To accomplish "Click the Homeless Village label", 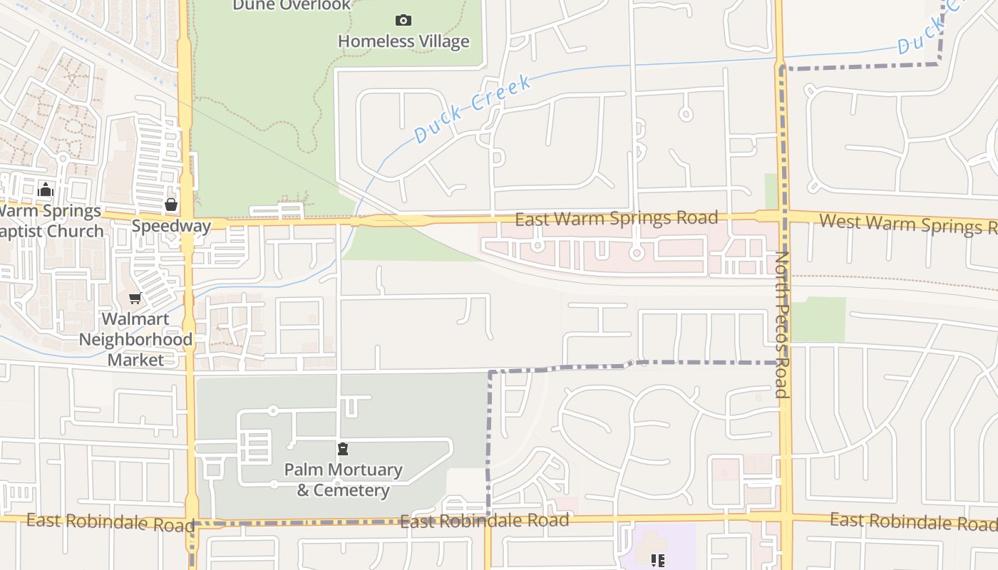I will coord(403,41).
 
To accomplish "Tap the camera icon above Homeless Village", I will coord(403,20).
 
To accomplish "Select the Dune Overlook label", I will coord(292,6).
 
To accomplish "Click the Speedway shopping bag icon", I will coord(171,205).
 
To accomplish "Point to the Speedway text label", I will coord(171,227).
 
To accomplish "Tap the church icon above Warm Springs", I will coord(46,190).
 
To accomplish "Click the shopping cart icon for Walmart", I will coord(135,298).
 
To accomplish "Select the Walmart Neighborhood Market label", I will coord(135,339).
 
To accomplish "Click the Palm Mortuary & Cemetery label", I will coord(343,480).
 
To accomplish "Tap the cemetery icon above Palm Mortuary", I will coord(343,449).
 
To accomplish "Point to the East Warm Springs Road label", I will coord(616,218).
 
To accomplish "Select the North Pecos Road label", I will coord(782,324).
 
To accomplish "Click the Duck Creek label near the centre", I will coord(472,108).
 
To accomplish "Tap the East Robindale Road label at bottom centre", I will coord(485,521).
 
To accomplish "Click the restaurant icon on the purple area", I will coord(657,560).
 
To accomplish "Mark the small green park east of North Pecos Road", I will coord(818,318).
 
